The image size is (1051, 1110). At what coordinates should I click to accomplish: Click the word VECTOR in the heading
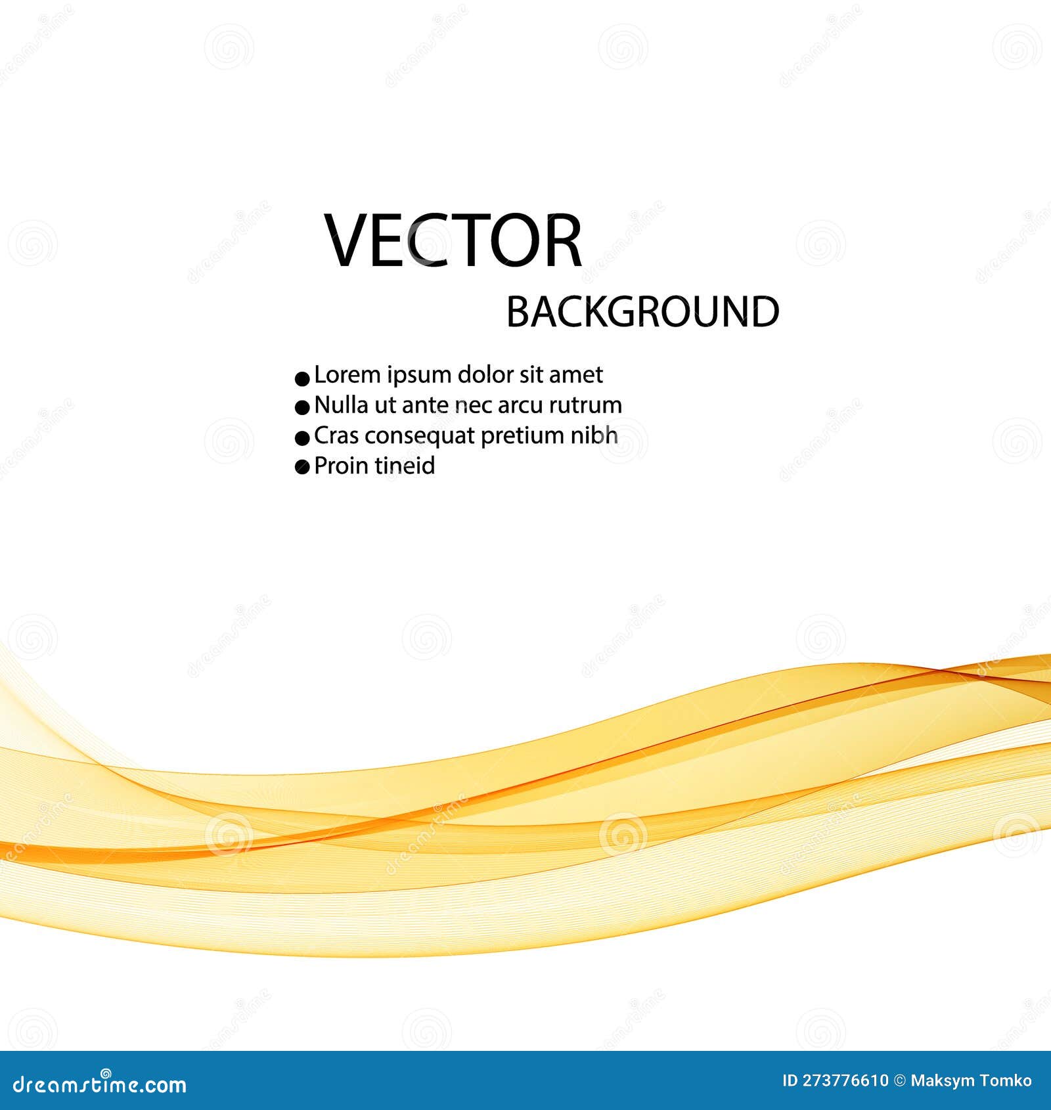453,240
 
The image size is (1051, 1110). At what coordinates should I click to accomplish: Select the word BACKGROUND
642,311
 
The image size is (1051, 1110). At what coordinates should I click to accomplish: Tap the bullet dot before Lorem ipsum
302,378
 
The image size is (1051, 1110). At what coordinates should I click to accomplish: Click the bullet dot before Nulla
302,408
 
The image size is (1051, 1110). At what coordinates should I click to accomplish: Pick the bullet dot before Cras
302,438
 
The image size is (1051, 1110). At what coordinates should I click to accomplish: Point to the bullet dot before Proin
302,468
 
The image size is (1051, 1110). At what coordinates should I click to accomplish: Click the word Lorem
347,374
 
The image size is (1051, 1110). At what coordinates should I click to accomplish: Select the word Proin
341,466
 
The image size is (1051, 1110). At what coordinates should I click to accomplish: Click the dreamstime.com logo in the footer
100,1084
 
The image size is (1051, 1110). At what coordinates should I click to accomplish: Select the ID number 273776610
845,1081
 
